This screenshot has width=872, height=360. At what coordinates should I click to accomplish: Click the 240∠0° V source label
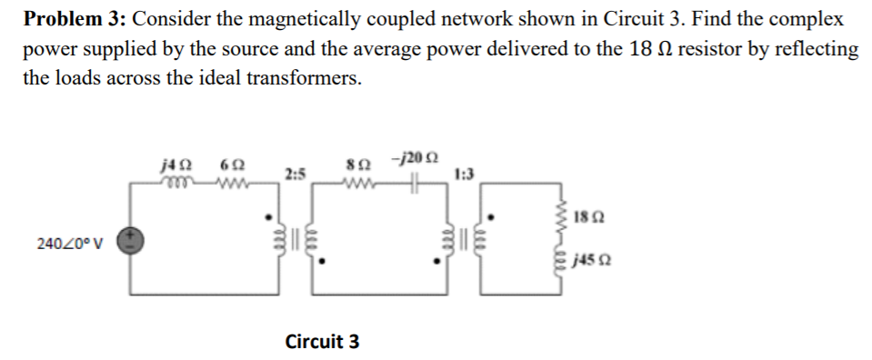click(x=71, y=244)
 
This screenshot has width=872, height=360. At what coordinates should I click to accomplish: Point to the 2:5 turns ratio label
click(x=295, y=172)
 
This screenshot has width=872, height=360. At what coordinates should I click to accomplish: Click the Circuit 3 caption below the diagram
click(x=322, y=342)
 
